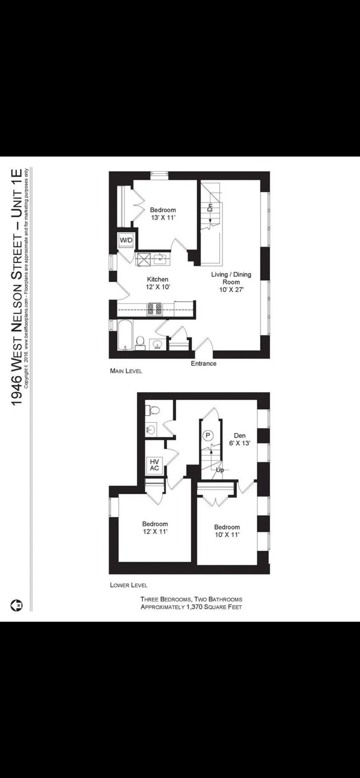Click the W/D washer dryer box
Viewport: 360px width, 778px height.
click(126, 240)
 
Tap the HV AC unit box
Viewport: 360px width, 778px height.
click(154, 465)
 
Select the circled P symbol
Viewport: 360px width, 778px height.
click(208, 435)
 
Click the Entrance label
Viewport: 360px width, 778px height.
click(203, 364)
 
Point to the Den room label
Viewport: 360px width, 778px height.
click(239, 436)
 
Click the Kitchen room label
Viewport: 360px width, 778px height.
click(157, 280)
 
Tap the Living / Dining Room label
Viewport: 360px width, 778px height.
click(231, 278)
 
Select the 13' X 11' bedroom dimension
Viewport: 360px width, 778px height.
click(163, 218)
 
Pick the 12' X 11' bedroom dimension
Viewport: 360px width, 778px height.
click(155, 531)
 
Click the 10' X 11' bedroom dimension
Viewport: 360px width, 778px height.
click(227, 534)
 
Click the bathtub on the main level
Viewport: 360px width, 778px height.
click(125, 335)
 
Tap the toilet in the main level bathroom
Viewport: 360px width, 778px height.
click(140, 342)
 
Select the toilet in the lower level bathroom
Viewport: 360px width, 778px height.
click(153, 410)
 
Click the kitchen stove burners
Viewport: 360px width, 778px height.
click(155, 309)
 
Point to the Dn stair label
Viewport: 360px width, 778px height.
click(209, 207)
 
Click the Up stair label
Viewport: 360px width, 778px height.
click(220, 470)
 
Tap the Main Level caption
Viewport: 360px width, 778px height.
click(126, 371)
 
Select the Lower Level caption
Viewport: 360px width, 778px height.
click(128, 585)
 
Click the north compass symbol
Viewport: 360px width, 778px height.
click(17, 605)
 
